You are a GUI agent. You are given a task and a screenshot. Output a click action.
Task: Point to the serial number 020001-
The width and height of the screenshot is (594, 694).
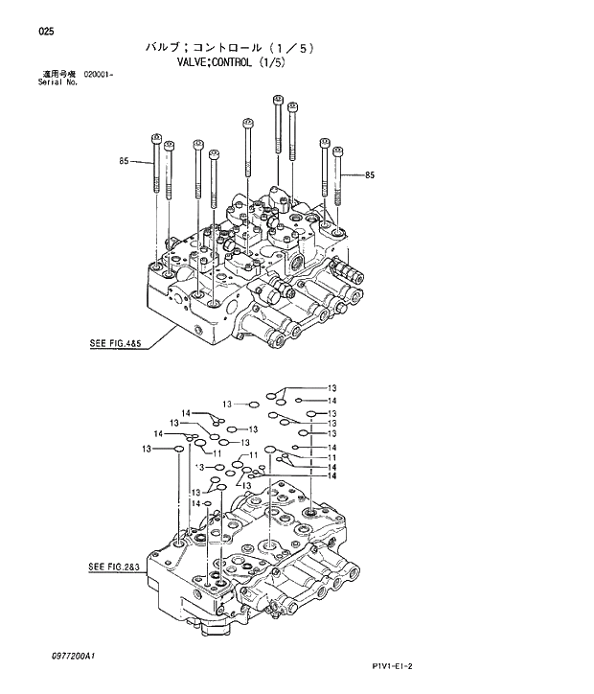[x=99, y=74]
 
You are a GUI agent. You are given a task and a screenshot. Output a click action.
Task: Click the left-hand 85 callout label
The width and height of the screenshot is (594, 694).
[x=125, y=162]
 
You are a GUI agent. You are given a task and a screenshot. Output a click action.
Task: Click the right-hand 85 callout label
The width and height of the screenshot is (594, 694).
[x=370, y=174]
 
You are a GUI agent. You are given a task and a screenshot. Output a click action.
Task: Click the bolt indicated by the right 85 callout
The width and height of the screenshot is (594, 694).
[x=338, y=177]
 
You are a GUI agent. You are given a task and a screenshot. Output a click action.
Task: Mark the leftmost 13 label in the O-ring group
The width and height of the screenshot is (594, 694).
[x=147, y=449]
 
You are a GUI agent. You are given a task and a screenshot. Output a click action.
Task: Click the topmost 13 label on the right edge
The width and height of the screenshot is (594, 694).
[x=332, y=387]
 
